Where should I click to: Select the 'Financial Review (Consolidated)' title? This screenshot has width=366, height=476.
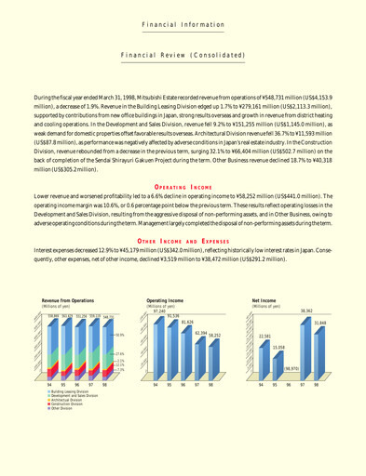[183, 55]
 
